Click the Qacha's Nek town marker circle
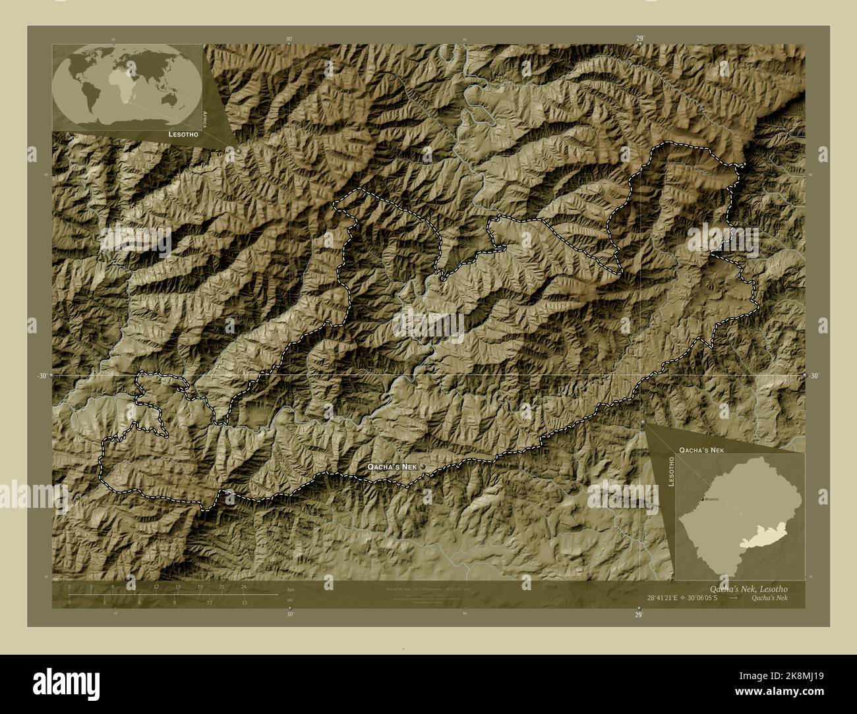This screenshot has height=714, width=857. tap(423, 466)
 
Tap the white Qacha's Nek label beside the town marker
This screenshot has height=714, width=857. tap(392, 466)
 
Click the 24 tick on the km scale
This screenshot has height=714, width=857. tap(243, 587)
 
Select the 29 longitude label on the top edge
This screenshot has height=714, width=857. tap(639, 39)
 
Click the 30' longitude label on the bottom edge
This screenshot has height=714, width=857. tap(289, 614)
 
